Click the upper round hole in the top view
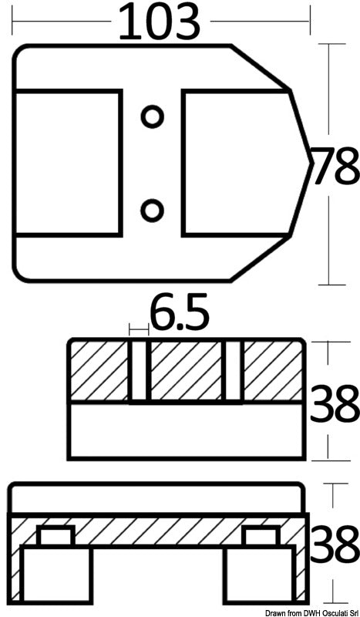coord(152,116)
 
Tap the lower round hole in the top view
coord(152,208)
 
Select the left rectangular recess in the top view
coord(68,162)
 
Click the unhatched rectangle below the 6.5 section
coord(185,430)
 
